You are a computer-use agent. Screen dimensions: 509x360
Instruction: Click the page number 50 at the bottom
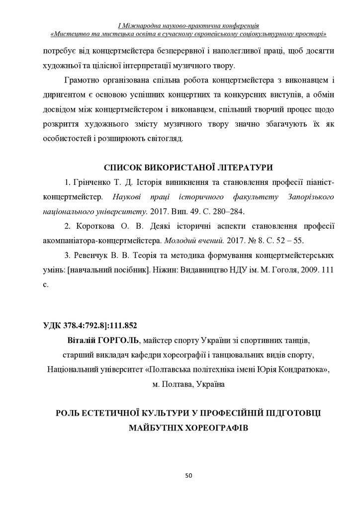coord(188,476)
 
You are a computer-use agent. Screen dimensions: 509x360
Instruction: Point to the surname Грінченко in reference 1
coord(91,182)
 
